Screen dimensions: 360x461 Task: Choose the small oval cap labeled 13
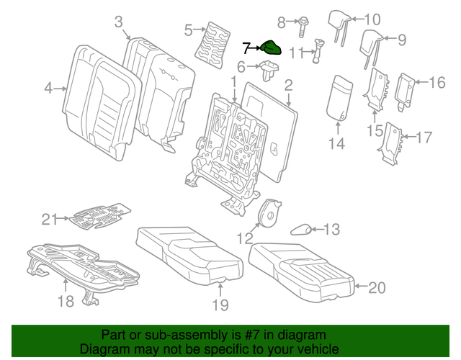click(301, 230)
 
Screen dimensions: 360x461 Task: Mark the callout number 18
click(66, 302)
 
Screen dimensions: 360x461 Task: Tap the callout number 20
click(377, 288)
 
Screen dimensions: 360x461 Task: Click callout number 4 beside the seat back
click(48, 89)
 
